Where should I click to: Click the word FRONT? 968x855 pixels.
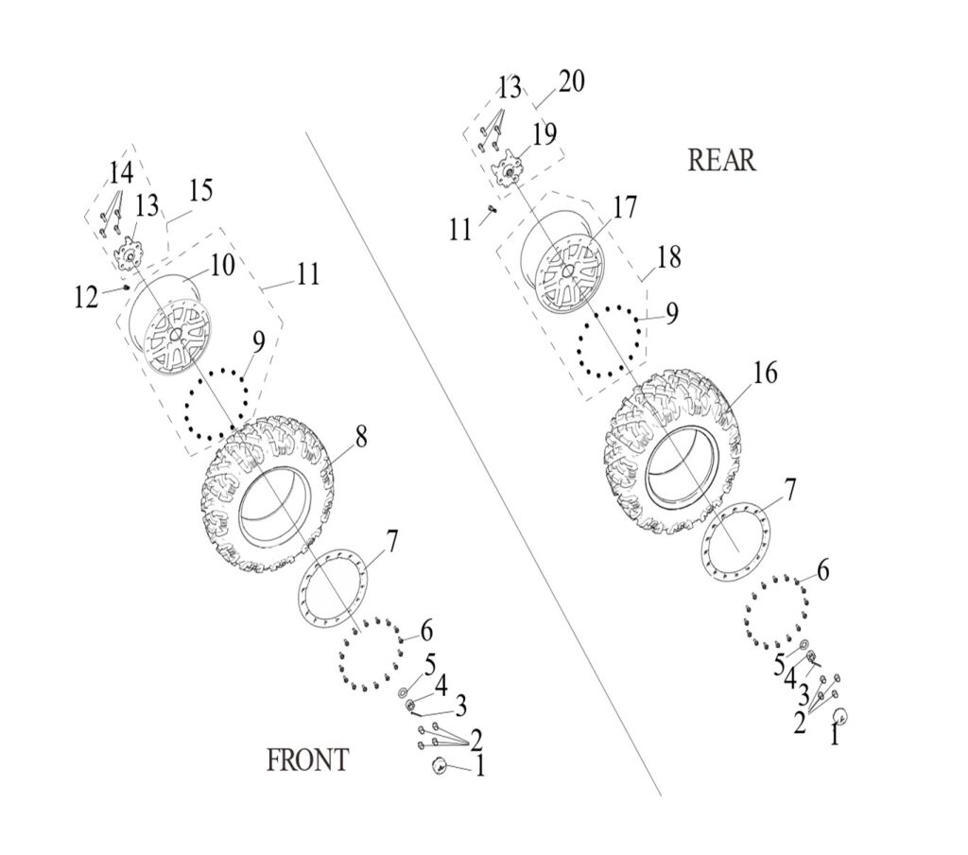coord(307,759)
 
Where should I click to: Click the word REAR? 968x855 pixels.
coord(721,160)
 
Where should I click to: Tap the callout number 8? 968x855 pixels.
coord(361,436)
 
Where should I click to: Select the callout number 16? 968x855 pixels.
coord(765,373)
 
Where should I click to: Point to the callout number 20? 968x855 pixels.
coord(570,81)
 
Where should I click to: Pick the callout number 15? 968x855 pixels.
coord(199,190)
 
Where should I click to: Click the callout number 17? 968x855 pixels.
coord(624,207)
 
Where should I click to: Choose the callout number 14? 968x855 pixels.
coord(120,173)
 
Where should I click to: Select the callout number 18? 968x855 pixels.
coord(668,256)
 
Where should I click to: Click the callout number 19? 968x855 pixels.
coord(544,134)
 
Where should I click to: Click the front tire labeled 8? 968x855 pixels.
coord(269,497)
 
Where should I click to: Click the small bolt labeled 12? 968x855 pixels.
coord(127,287)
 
